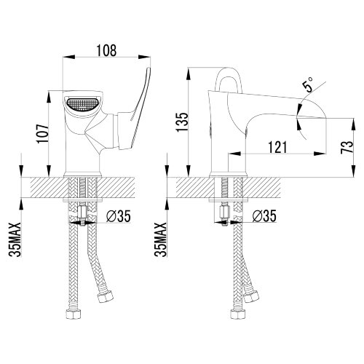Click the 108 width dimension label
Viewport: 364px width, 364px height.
[x=106, y=50]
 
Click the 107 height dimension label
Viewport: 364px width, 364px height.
[x=43, y=134]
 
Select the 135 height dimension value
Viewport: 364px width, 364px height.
[x=182, y=122]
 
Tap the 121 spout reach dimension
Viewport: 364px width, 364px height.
[x=277, y=147]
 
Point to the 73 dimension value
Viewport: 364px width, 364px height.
[x=347, y=147]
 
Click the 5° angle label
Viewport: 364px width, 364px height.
[x=307, y=84]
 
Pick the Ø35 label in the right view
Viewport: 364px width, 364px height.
[x=264, y=215]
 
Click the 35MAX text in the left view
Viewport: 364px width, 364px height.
[x=15, y=240]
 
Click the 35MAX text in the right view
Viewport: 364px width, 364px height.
[x=161, y=240]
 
